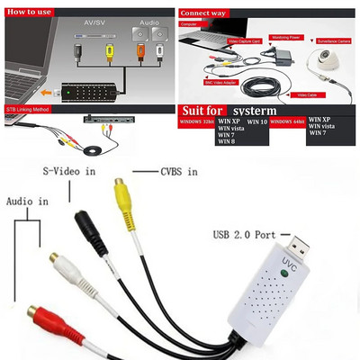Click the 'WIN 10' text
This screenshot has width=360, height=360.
(257, 120)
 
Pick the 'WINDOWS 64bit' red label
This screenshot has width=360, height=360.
(287, 120)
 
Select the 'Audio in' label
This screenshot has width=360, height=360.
(24, 202)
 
